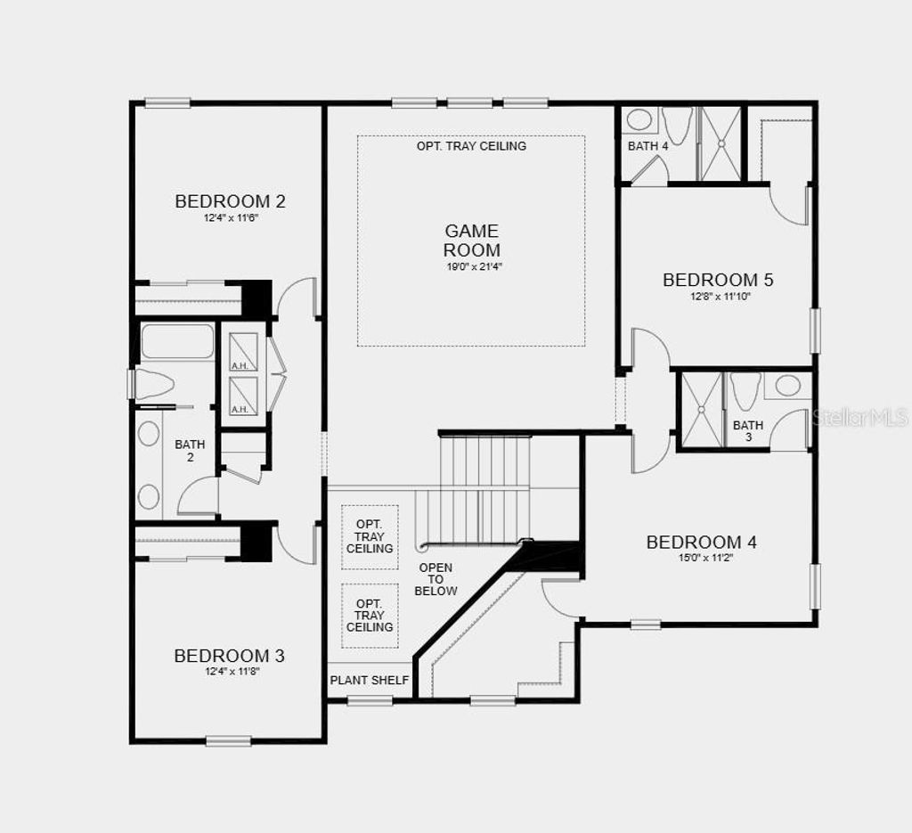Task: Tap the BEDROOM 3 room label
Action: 229,656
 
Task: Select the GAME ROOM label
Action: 471,241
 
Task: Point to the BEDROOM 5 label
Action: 718,280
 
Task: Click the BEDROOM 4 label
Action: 701,542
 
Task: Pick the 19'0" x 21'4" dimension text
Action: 471,266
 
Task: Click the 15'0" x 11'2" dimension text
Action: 701,559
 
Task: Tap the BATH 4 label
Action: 647,145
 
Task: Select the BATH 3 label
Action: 748,431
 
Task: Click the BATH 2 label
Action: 190,451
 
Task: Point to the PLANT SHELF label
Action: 370,681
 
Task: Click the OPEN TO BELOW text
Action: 436,579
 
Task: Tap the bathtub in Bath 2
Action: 177,341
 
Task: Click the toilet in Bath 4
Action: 678,126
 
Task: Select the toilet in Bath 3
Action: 745,389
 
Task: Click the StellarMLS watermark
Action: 860,417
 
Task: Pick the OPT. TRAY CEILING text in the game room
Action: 471,145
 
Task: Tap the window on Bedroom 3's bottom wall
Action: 228,739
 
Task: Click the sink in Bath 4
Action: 639,119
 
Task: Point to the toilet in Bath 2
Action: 154,384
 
